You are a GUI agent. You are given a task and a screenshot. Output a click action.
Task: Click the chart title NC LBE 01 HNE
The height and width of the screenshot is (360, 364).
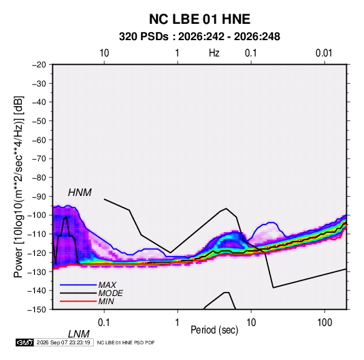[x=199, y=19]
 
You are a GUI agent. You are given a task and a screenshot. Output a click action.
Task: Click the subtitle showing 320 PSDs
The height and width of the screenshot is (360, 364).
[x=199, y=37]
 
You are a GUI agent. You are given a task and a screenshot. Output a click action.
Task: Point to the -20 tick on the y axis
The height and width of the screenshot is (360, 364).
[x=39, y=65]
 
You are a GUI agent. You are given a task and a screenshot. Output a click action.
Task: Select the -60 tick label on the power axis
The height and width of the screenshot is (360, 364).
[x=39, y=140]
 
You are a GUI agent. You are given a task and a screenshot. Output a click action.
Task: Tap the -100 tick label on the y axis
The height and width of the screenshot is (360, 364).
[x=37, y=215]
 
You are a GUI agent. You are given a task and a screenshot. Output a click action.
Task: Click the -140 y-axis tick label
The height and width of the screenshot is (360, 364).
[x=37, y=291]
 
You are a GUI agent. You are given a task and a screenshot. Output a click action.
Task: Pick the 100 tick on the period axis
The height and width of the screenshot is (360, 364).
[x=325, y=323]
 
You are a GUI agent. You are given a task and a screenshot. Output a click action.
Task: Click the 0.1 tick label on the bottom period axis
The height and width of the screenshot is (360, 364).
[x=104, y=323]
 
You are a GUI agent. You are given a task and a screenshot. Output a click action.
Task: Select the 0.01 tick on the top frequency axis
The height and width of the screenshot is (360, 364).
[x=324, y=53]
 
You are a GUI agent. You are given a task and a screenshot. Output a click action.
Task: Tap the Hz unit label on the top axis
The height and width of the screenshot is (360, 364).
[x=214, y=53]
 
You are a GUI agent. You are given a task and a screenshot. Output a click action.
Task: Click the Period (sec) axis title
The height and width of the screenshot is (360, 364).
[x=214, y=330]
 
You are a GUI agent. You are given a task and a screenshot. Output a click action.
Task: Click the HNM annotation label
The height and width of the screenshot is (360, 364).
[x=80, y=193]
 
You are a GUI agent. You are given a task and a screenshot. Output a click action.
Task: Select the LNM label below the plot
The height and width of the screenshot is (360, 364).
[x=79, y=334]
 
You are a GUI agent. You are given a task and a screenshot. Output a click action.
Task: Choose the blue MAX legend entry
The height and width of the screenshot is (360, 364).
[x=88, y=284]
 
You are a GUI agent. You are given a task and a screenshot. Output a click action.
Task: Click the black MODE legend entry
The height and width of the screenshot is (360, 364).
[x=91, y=293]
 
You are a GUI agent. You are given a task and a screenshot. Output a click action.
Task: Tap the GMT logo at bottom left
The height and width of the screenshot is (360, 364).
[x=24, y=342]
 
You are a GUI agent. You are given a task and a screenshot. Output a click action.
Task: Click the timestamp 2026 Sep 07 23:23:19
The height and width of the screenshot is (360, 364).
[x=63, y=342]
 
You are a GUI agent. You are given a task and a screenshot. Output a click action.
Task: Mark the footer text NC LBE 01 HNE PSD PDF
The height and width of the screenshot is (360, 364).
[x=126, y=342]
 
